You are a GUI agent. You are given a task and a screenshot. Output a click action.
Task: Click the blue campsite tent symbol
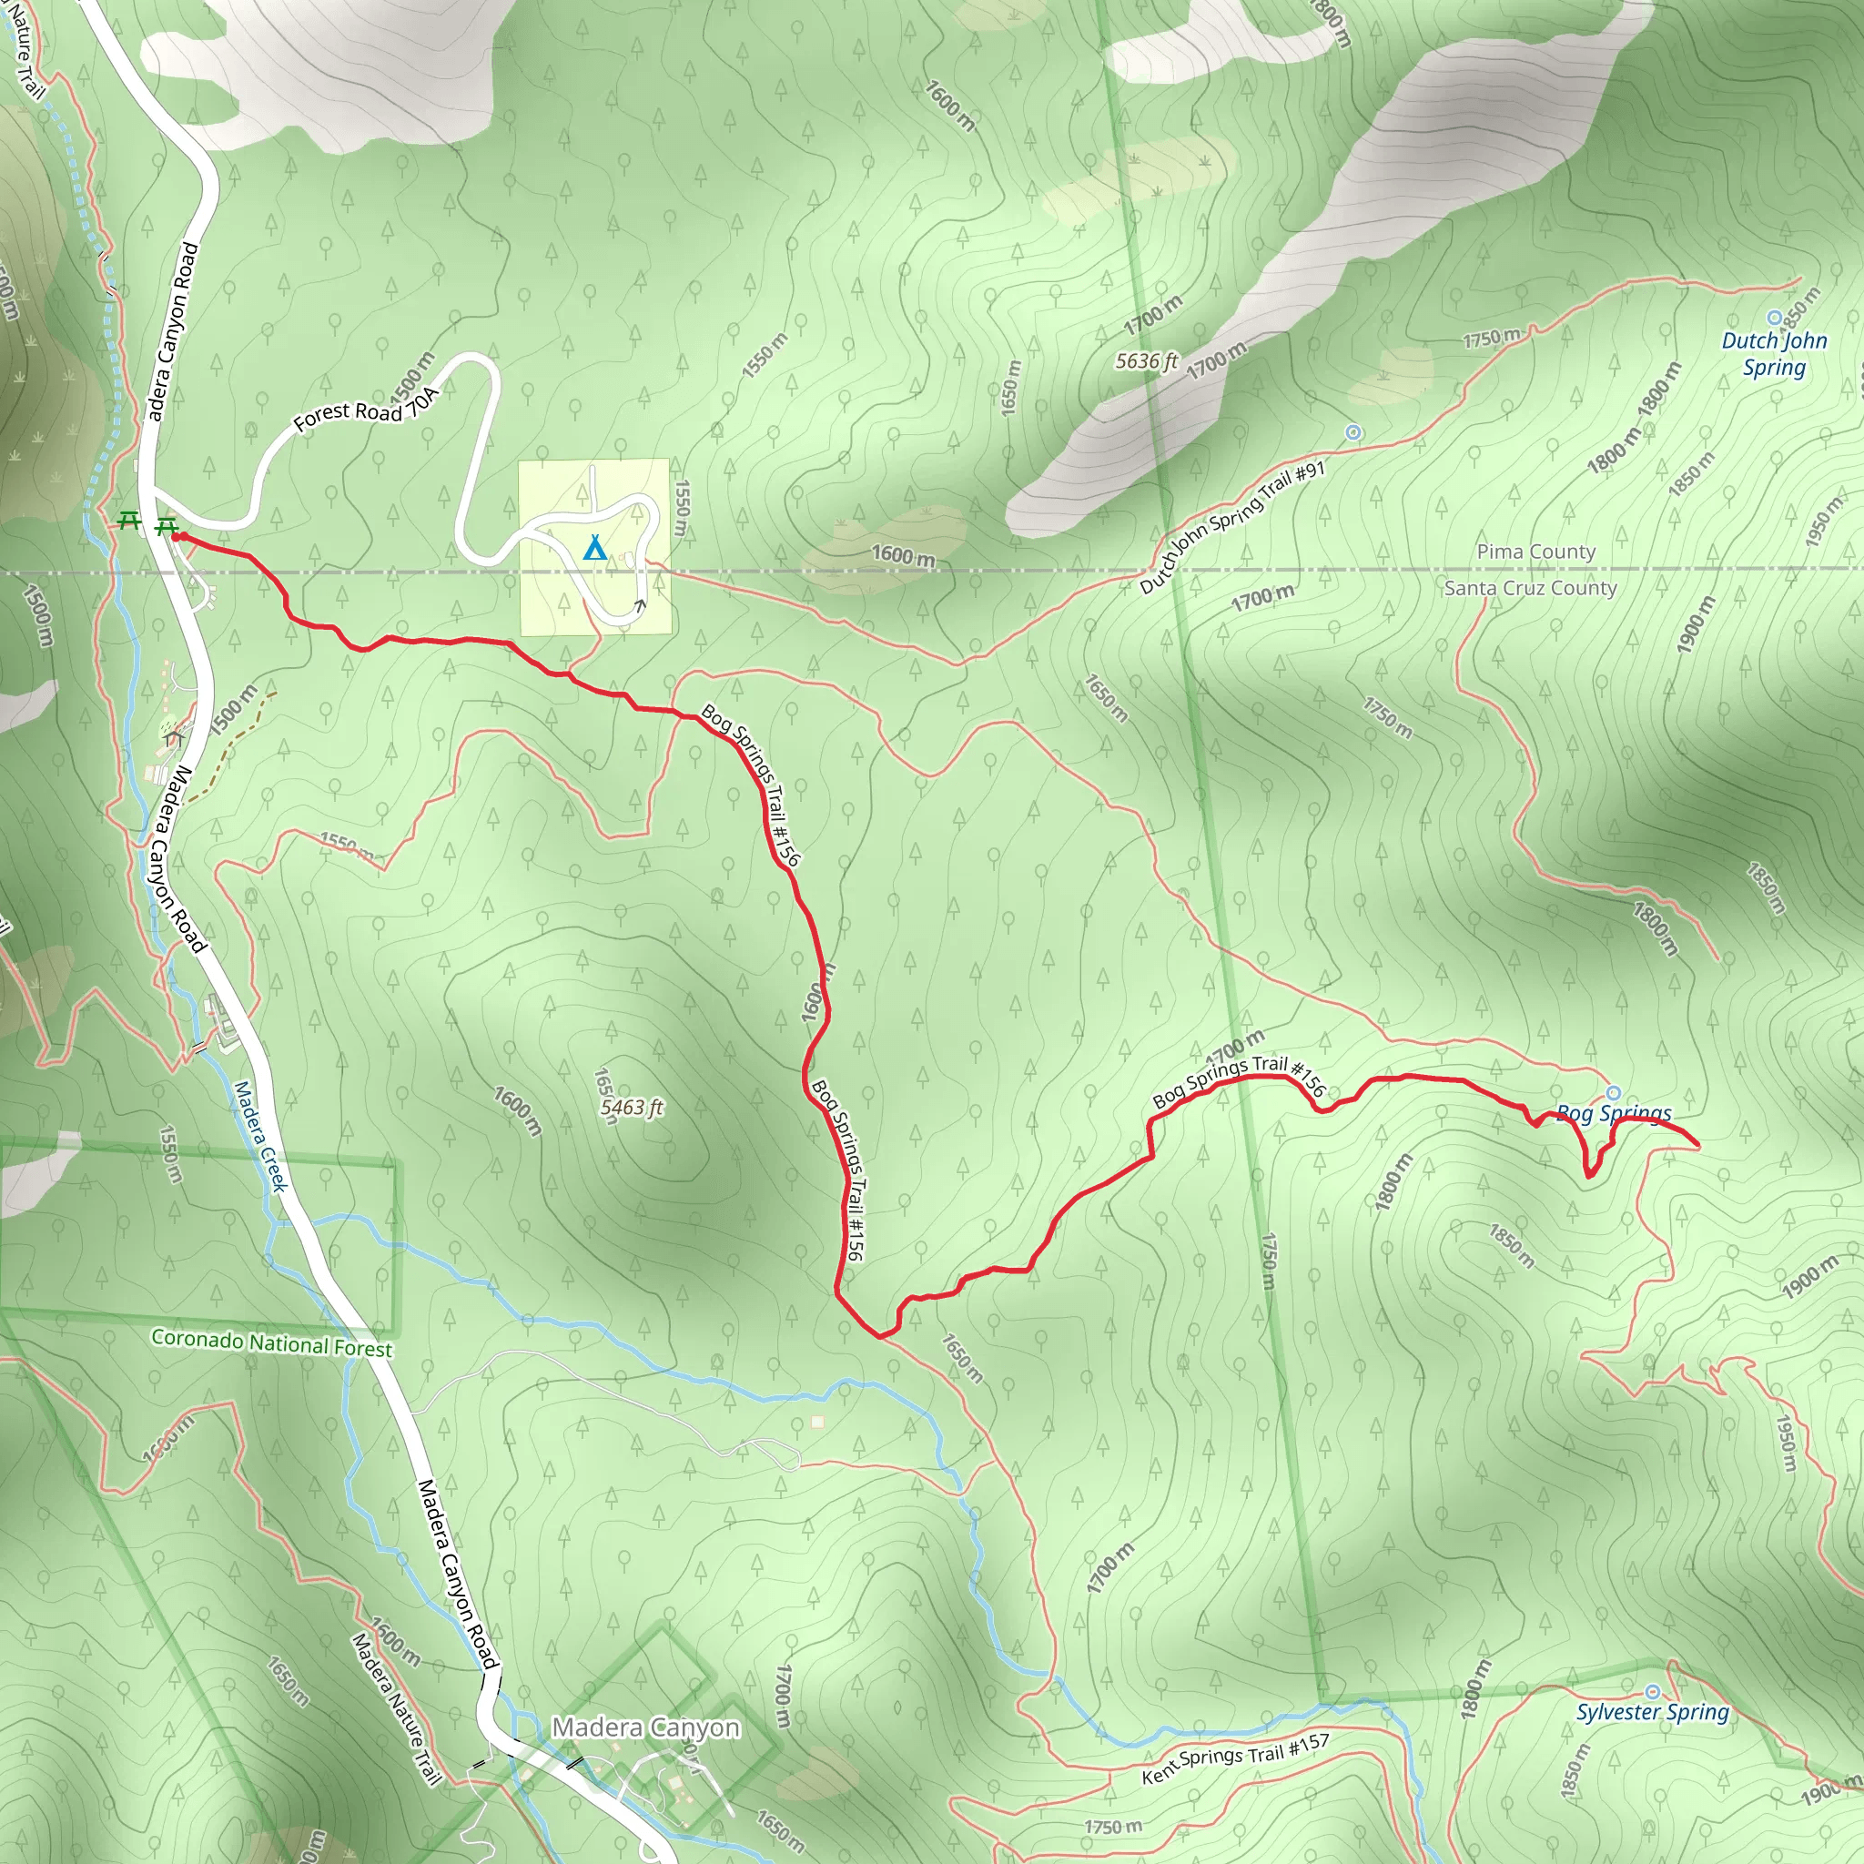pyautogui.click(x=595, y=549)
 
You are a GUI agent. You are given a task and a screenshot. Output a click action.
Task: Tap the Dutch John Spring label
pyautogui.click(x=1774, y=353)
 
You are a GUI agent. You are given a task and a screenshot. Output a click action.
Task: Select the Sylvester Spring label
pyautogui.click(x=1653, y=1713)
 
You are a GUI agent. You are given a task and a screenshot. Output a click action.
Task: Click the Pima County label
pyautogui.click(x=1536, y=552)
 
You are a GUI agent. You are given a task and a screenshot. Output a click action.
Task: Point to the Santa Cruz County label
pyautogui.click(x=1530, y=588)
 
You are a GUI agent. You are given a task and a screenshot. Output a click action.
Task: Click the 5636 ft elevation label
pyautogui.click(x=1146, y=360)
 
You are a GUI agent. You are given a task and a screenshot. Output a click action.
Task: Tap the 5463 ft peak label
pyautogui.click(x=632, y=1107)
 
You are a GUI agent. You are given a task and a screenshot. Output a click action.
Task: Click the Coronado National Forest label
pyautogui.click(x=272, y=1344)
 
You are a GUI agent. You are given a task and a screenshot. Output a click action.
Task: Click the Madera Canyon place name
pyautogui.click(x=645, y=1727)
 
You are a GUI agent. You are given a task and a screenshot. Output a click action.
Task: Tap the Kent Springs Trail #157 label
pyautogui.click(x=1236, y=1758)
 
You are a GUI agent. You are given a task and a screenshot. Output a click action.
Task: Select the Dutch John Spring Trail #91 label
pyautogui.click(x=1233, y=528)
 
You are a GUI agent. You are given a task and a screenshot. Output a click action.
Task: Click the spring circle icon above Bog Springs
pyautogui.click(x=1613, y=1093)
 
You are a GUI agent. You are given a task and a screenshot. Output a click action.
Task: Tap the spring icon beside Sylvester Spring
pyautogui.click(x=1653, y=1692)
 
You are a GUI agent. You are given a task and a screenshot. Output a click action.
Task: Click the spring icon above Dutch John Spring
pyautogui.click(x=1773, y=318)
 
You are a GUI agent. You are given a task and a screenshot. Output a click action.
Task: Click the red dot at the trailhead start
pyautogui.click(x=178, y=536)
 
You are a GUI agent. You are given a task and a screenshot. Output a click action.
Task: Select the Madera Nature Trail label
pyautogui.click(x=396, y=1708)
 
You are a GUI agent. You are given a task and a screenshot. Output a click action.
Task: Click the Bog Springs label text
pyautogui.click(x=1614, y=1114)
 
